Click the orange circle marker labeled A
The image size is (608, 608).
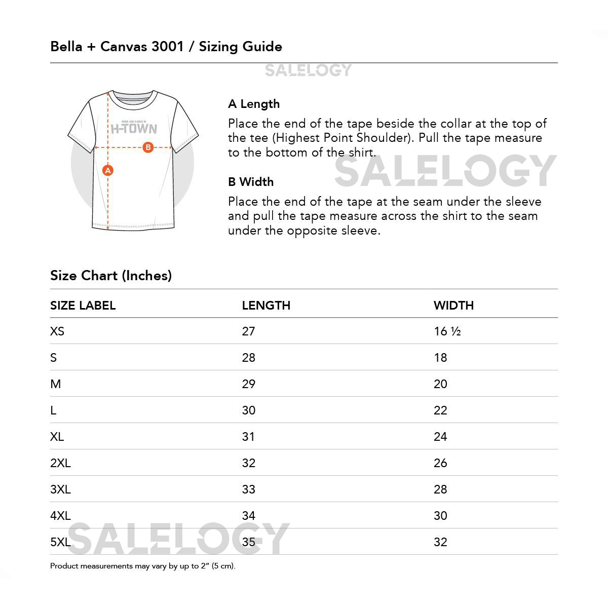[x=107, y=170]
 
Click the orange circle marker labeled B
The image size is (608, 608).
[x=148, y=147]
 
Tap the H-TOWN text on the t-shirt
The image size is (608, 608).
[x=134, y=129]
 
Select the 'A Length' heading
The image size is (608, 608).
[x=254, y=104]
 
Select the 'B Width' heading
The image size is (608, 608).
[x=251, y=182]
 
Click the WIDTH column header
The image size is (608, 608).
[x=453, y=306]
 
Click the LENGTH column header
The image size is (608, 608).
[x=266, y=306]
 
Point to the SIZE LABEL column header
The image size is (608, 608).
[x=83, y=306]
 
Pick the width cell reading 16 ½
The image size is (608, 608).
[x=447, y=331]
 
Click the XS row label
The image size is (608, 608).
[x=57, y=331]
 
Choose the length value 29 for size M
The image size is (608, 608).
[x=248, y=384]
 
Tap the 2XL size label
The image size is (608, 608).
[x=60, y=463]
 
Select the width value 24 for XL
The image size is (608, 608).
[x=440, y=437]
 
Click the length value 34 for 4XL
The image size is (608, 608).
[x=248, y=516]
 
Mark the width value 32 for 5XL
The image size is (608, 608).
[x=440, y=542]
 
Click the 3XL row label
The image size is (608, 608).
[x=60, y=489]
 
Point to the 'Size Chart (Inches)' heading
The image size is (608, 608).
[x=111, y=276]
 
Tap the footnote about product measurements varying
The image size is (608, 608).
[x=143, y=566]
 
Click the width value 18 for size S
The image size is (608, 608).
[x=440, y=358]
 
